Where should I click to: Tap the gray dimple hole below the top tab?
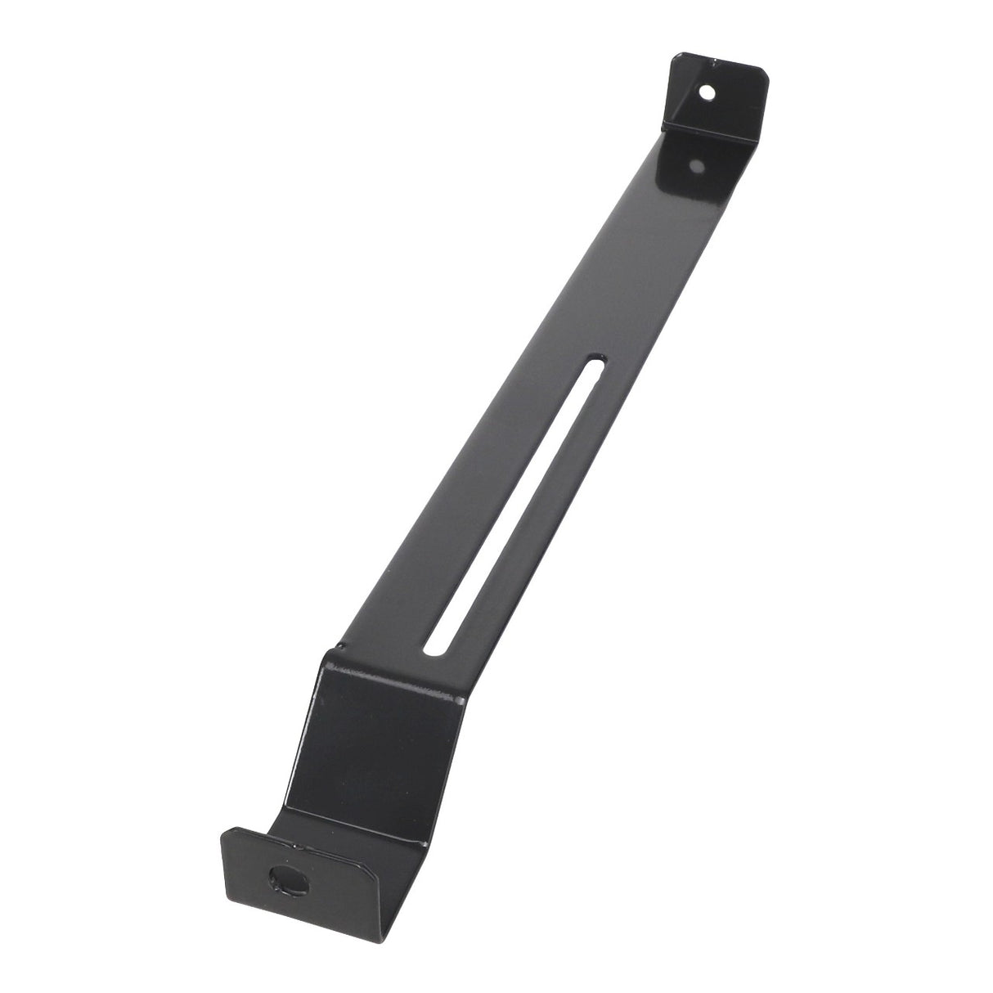697,167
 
